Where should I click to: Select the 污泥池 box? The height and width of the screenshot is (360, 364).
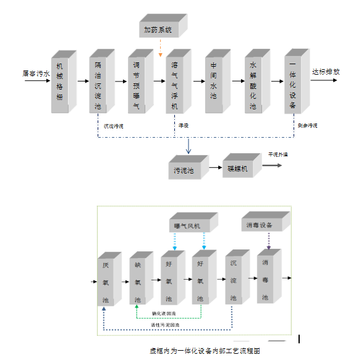(x=184, y=169)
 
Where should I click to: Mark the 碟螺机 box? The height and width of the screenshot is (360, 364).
(x=237, y=167)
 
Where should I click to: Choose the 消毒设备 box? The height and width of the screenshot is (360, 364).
(x=260, y=225)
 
